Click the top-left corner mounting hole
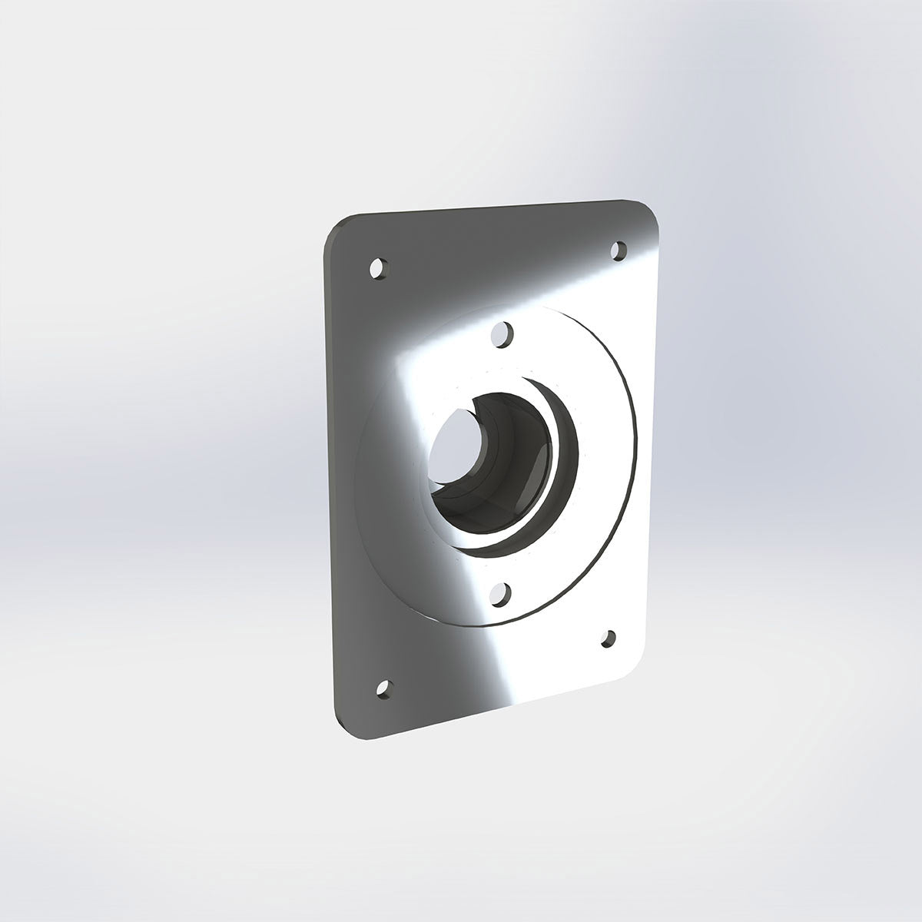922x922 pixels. [x=377, y=268]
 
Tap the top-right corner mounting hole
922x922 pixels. [x=619, y=250]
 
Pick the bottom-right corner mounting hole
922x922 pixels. [x=609, y=638]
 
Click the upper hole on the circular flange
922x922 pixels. [x=502, y=334]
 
